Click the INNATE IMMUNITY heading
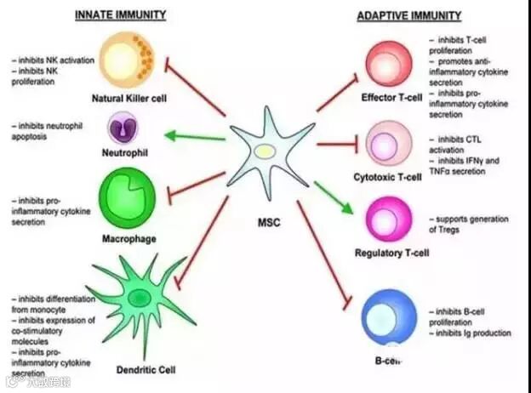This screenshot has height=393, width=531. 119,15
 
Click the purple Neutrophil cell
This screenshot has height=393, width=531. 127,128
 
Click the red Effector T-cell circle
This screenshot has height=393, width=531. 388,65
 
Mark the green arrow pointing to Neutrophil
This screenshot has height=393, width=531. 192,134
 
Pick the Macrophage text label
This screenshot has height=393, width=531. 128,239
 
